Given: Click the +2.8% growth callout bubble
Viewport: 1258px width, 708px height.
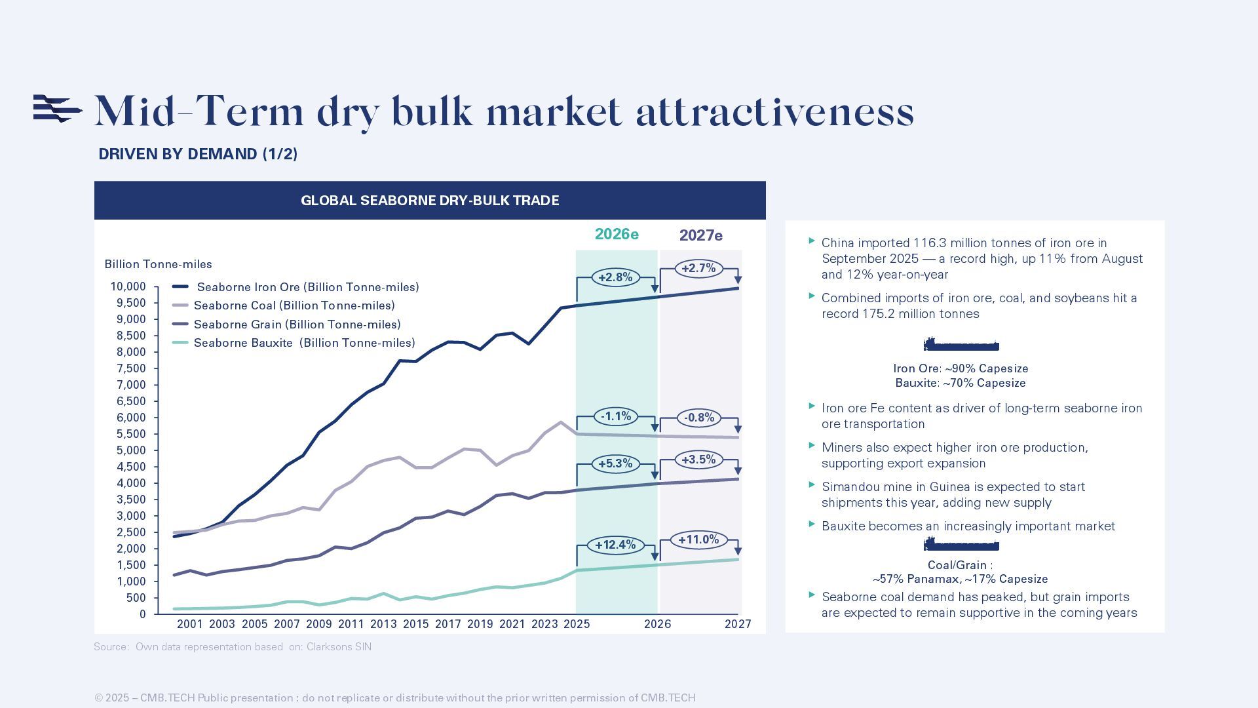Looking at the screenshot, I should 615,277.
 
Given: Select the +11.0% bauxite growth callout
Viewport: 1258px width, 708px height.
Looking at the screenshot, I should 698,540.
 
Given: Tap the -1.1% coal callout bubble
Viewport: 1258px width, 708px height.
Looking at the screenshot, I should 615,416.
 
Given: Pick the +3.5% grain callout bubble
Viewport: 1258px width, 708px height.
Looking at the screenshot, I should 698,460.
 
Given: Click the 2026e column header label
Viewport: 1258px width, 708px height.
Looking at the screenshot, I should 617,234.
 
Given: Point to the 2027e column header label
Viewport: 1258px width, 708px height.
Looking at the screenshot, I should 700,235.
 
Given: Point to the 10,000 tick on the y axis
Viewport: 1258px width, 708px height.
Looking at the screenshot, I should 128,286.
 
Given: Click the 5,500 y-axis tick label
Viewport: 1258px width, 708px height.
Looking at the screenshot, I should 131,434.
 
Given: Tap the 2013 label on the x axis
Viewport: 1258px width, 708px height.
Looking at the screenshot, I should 383,624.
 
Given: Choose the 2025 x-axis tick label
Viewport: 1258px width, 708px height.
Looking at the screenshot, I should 577,624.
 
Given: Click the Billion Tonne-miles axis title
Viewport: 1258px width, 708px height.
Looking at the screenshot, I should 158,264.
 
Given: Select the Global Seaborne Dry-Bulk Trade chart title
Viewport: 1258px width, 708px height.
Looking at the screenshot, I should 430,201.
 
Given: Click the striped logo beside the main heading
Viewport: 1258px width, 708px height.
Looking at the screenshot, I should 58,108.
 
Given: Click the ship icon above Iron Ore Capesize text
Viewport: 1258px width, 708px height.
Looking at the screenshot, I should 961,345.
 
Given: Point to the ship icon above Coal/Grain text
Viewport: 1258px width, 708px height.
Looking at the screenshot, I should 961,544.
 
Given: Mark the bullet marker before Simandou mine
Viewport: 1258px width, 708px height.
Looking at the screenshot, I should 812,485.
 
